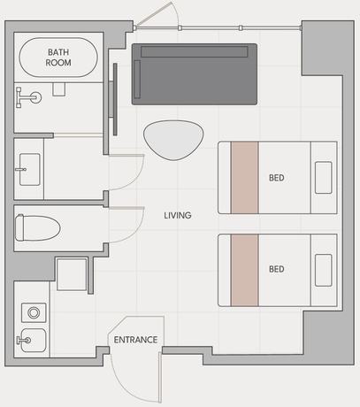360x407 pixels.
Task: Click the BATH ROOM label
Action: [58, 58]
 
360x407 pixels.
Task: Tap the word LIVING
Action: [178, 215]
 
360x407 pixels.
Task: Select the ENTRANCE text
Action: [135, 340]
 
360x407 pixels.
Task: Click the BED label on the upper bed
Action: [277, 178]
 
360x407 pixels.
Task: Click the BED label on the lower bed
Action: [277, 269]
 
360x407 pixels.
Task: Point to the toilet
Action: [37, 227]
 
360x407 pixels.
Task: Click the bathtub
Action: [58, 58]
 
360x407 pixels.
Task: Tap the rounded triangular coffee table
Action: [173, 140]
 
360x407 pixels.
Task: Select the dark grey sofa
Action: [195, 74]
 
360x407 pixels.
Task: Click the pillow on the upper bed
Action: [324, 178]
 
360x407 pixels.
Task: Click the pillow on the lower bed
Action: [324, 270]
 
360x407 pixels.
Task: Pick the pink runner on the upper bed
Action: [245, 178]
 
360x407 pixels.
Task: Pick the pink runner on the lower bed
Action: [245, 270]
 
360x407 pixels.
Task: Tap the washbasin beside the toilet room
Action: [29, 169]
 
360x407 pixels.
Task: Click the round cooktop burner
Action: [34, 312]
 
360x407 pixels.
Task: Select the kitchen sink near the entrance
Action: [34, 340]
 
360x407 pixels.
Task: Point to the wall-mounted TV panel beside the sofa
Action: [115, 99]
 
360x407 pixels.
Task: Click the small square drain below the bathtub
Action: [58, 89]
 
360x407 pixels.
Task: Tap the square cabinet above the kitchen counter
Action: [72, 274]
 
